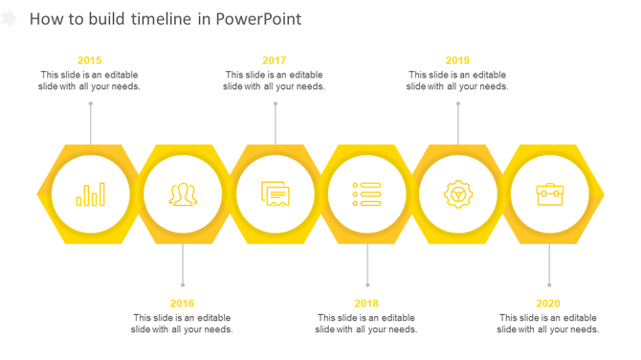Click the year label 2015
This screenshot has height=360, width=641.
(x=90, y=60)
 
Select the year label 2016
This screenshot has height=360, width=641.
(x=182, y=304)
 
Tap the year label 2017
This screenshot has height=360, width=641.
(x=274, y=60)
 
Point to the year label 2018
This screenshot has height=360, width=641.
(x=366, y=304)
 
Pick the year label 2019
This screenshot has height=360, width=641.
(x=457, y=60)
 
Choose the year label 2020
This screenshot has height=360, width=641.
(x=548, y=304)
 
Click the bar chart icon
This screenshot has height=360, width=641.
(x=91, y=194)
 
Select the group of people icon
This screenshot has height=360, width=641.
(x=183, y=194)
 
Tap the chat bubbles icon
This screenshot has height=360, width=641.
(x=276, y=194)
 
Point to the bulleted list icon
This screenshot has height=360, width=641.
(x=366, y=194)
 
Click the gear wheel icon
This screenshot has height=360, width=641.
(x=458, y=194)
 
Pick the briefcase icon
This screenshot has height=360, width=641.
(x=549, y=194)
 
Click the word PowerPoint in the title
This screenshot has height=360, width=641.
(x=260, y=19)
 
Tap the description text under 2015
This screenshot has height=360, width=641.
(x=90, y=80)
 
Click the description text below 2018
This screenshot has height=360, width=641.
(x=366, y=324)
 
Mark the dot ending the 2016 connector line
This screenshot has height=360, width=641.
(x=183, y=284)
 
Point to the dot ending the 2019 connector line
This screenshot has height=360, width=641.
(x=458, y=103)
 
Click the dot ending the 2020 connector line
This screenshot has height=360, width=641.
(x=549, y=284)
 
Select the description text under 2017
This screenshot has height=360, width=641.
(x=274, y=80)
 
